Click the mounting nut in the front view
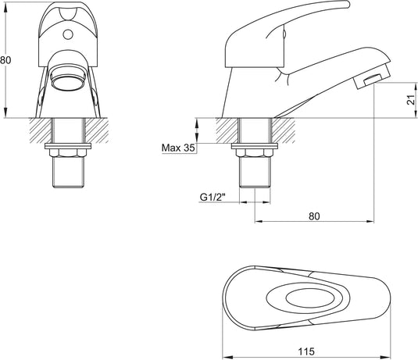(x=68, y=148)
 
